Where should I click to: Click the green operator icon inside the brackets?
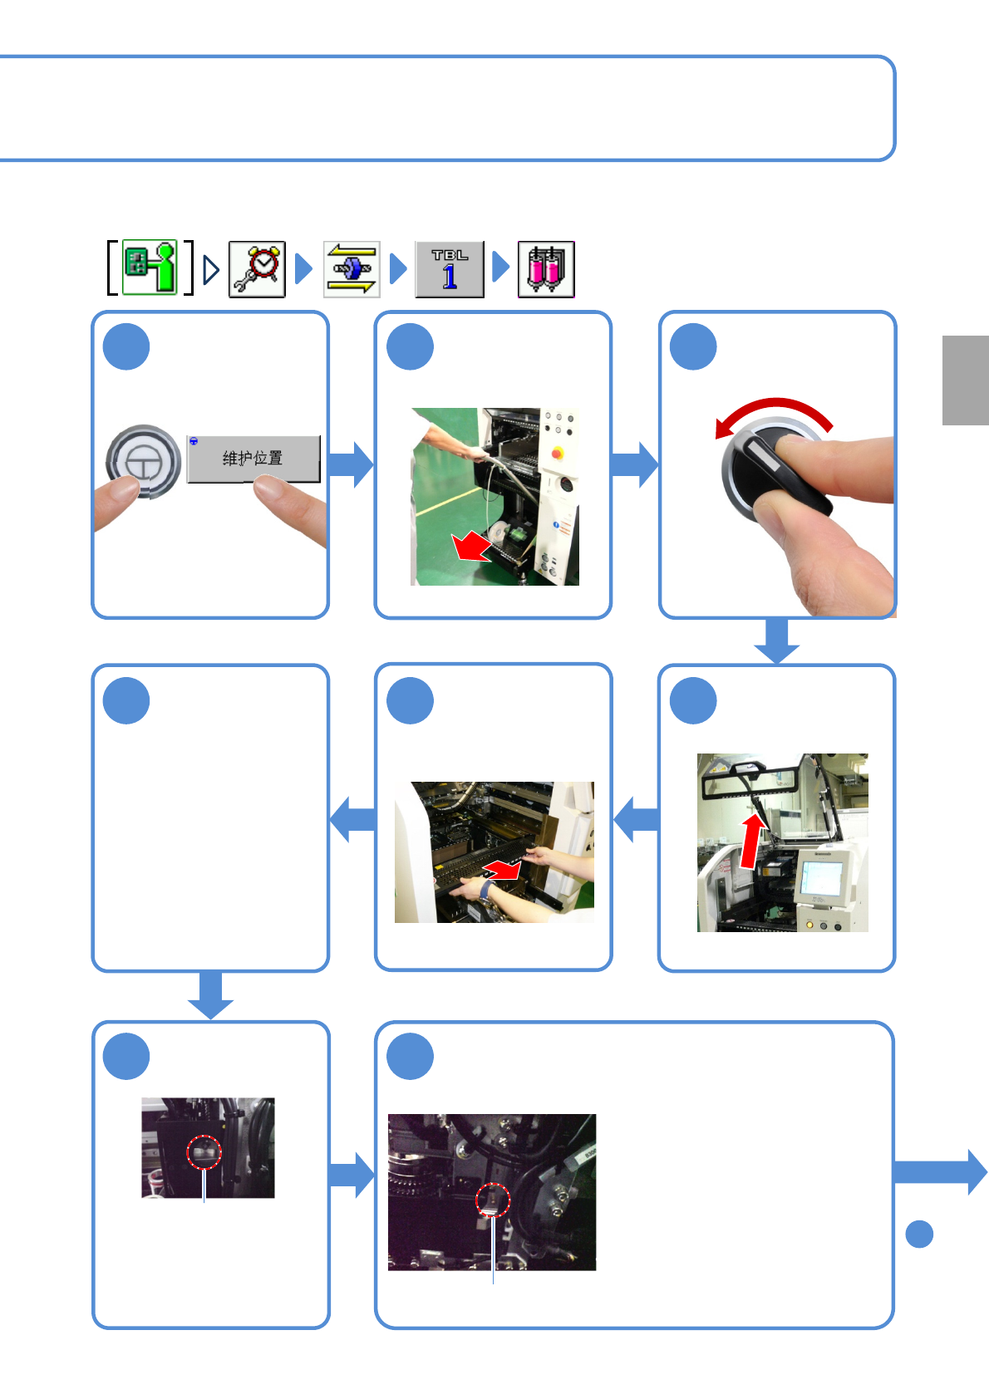click(150, 268)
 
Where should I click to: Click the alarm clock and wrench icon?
click(257, 268)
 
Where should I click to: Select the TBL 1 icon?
click(450, 268)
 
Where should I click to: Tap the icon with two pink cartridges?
click(546, 268)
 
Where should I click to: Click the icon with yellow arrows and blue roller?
click(352, 268)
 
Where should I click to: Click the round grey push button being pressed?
click(143, 461)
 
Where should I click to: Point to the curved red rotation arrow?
click(773, 411)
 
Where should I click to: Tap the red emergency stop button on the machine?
click(557, 454)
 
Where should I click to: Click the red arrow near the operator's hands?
click(503, 870)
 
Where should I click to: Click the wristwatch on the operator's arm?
click(485, 891)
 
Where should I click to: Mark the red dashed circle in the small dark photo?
click(204, 1152)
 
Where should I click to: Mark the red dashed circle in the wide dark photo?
click(492, 1200)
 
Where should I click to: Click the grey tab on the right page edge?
click(965, 380)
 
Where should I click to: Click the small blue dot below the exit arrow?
click(919, 1234)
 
